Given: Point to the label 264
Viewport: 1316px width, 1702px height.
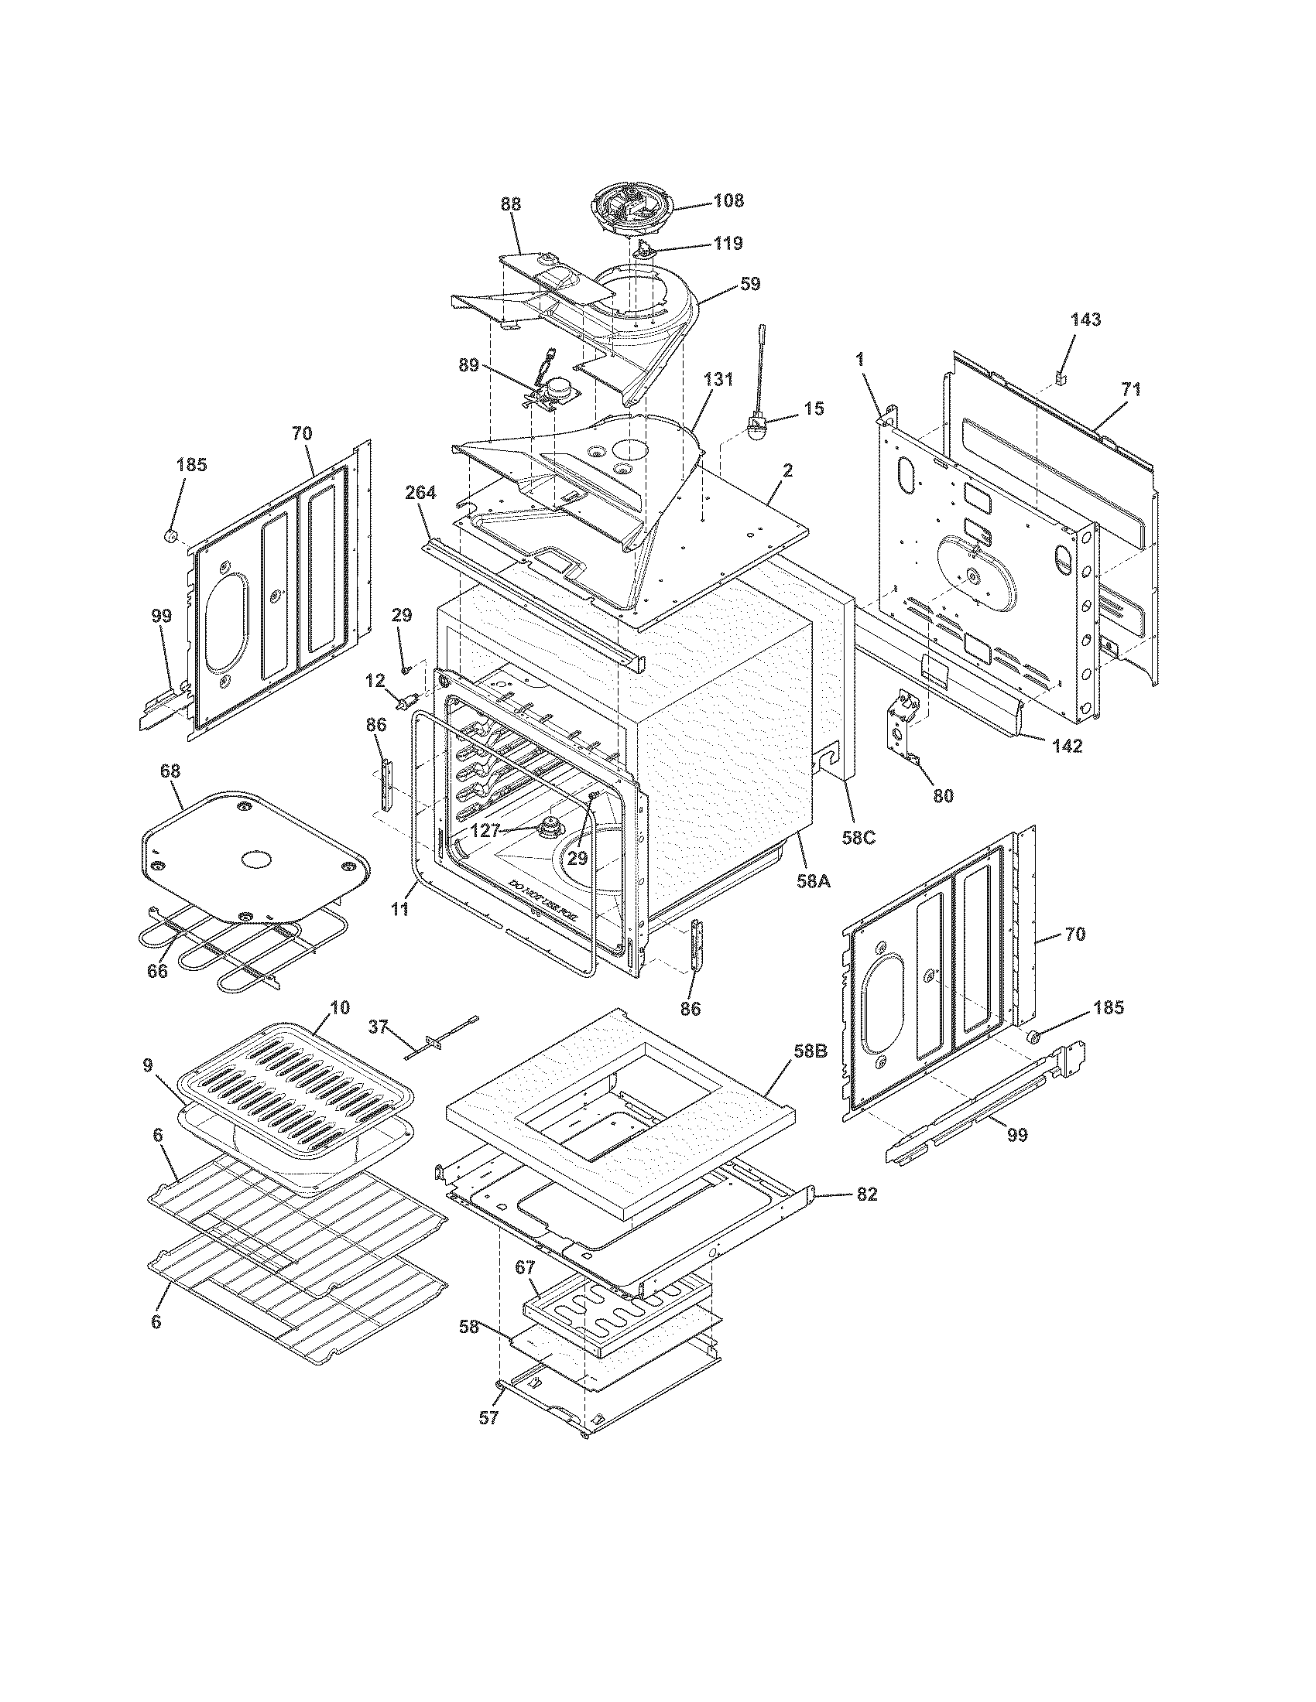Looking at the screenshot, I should tap(421, 492).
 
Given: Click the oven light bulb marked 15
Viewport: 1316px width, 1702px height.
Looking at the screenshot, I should tap(756, 427).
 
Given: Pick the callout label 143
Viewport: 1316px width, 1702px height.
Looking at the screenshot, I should tap(1085, 320).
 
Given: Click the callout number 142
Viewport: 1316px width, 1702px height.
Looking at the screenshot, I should tap(1067, 746).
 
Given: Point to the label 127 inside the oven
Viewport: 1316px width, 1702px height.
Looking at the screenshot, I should tap(485, 831).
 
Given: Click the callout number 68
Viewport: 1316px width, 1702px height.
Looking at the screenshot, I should tap(170, 771).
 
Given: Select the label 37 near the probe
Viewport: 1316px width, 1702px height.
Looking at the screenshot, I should tap(378, 1028).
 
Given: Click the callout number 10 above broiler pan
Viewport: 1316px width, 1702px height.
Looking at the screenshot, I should tap(339, 1006).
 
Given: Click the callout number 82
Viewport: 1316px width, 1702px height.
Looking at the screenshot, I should tap(866, 1194).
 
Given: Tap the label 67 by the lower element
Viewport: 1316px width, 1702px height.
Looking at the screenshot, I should tap(524, 1267).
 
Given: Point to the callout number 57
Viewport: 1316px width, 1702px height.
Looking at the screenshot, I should tap(488, 1418).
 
